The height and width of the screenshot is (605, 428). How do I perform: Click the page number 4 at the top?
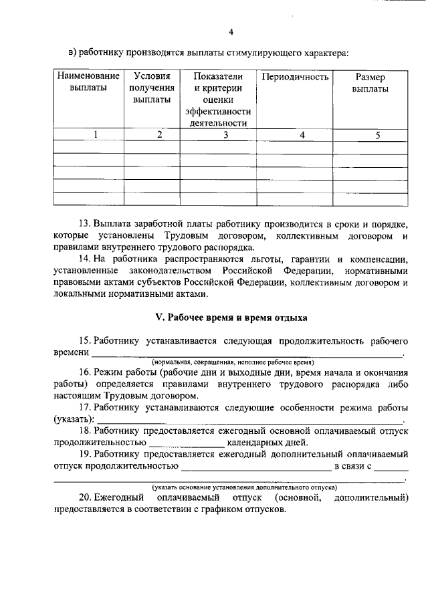click(231, 31)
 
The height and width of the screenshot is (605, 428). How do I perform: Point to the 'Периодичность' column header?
click(295, 77)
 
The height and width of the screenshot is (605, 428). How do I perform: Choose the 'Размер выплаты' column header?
click(370, 83)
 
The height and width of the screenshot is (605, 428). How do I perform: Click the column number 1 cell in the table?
click(96, 135)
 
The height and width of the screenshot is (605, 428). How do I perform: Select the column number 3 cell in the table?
click(225, 135)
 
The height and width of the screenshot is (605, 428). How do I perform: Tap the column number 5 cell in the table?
click(378, 135)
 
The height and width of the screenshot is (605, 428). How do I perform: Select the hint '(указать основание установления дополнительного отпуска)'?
click(244, 487)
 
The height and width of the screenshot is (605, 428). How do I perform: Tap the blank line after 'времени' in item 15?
click(247, 353)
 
